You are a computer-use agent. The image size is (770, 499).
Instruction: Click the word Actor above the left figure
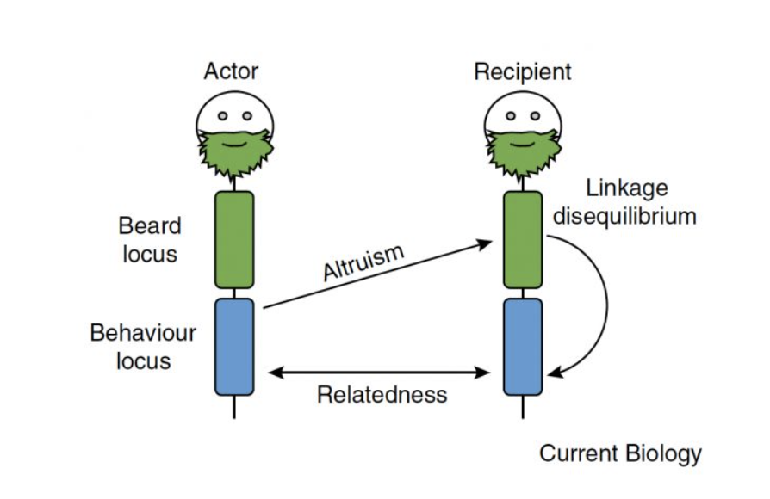(x=231, y=71)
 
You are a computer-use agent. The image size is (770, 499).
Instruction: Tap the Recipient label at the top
(x=522, y=71)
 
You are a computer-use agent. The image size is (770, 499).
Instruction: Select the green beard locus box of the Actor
(x=234, y=240)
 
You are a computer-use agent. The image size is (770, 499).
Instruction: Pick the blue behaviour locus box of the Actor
(x=234, y=346)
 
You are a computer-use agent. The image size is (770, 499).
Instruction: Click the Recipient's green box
(x=523, y=240)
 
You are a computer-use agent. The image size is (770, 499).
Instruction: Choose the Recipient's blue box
(x=523, y=346)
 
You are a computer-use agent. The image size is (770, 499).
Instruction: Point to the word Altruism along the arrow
(x=363, y=262)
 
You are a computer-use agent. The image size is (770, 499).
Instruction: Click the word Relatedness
(x=382, y=395)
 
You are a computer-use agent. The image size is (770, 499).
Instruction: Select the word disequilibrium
(x=624, y=215)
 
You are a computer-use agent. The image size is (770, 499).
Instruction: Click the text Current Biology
(x=620, y=453)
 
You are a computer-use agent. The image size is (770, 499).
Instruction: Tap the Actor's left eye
(x=222, y=115)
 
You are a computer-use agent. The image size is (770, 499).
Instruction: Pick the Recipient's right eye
(x=535, y=115)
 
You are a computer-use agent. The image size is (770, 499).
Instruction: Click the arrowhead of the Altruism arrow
(x=487, y=244)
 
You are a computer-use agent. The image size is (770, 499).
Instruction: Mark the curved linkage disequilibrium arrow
(x=605, y=301)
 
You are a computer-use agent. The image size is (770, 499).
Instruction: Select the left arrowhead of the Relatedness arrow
(x=274, y=373)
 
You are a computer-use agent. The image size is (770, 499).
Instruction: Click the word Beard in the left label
(x=150, y=226)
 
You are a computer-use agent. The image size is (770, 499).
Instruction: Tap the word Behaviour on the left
(x=143, y=333)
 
